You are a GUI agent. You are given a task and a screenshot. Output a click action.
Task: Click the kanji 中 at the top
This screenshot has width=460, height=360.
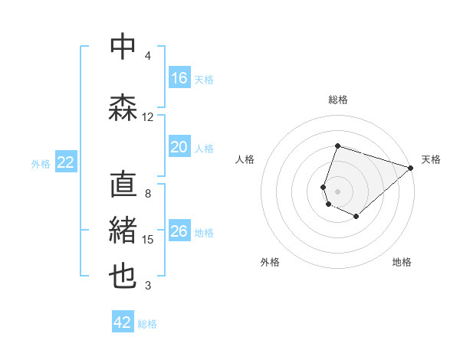pos(123,47)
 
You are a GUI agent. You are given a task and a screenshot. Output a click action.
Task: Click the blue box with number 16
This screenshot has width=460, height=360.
pos(179,78)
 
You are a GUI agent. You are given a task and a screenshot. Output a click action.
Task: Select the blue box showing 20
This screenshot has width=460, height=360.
pos(179,147)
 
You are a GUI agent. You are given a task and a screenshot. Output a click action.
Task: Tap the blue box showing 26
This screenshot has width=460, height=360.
pos(179,231)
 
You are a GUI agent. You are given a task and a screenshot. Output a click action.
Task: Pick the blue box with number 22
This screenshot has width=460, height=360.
pos(66,162)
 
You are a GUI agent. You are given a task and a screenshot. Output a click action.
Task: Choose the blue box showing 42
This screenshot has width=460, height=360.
pos(123,322)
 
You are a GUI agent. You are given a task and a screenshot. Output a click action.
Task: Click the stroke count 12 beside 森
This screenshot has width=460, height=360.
pos(147,117)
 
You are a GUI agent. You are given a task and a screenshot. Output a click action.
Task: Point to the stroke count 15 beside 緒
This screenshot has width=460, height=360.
pos(148,240)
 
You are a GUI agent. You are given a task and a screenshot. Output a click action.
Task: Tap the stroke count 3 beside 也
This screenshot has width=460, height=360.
pos(148,286)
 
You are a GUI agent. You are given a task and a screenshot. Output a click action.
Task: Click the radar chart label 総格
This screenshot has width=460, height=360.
pos(338,100)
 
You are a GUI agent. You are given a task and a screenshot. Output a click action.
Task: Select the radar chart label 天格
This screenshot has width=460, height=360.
pos(431,159)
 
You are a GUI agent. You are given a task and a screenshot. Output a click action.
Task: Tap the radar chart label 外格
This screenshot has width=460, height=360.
pos(270,262)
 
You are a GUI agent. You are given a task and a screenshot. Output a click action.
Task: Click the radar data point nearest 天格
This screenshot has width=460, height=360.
pos(411,168)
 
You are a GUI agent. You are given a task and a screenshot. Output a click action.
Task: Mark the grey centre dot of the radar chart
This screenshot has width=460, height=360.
pos(338,191)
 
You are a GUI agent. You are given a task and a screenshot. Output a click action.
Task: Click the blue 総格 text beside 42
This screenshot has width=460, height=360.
pos(147,324)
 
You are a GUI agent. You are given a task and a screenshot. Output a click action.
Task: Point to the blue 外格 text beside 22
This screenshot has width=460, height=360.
pos(41,163)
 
